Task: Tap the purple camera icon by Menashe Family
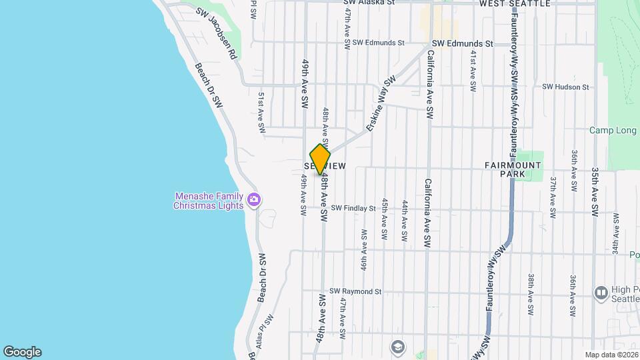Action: point(253,199)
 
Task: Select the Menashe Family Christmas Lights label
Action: point(209,201)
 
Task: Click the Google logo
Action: point(22,352)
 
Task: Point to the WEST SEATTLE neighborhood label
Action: point(515,4)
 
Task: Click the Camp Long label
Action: point(613,130)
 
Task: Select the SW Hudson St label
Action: point(565,87)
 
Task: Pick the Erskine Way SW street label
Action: point(380,103)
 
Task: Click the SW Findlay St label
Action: point(353,209)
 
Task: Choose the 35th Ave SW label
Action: point(595,191)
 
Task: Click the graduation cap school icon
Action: point(397,347)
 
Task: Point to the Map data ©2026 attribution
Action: point(611,355)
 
